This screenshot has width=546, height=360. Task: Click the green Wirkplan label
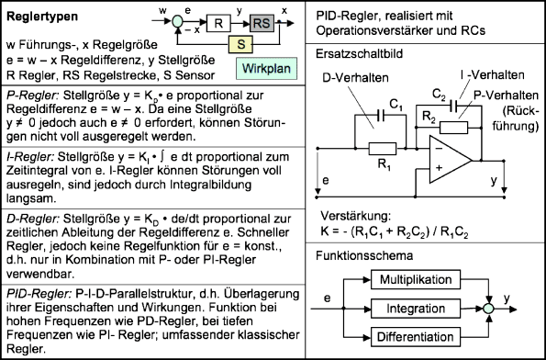click(262, 69)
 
